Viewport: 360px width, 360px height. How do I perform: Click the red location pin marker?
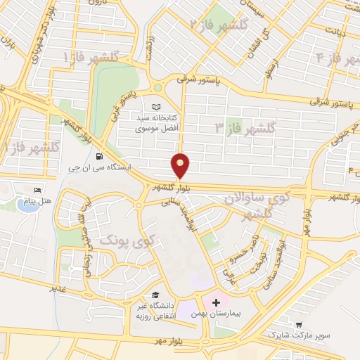(x=181, y=166)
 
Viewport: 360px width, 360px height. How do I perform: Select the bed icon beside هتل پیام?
(x=38, y=190)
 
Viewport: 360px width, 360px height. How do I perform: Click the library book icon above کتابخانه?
(x=166, y=106)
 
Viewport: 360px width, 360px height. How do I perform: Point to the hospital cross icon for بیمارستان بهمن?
(x=216, y=301)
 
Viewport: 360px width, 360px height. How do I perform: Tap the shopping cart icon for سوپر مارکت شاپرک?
(x=300, y=326)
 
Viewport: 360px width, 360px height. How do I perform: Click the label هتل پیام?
(x=33, y=202)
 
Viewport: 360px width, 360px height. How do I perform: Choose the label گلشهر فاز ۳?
(x=246, y=128)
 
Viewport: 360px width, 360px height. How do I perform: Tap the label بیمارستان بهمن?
(x=217, y=313)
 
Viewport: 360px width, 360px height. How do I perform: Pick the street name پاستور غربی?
(x=127, y=101)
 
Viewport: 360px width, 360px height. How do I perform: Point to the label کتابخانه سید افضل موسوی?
(x=166, y=124)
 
